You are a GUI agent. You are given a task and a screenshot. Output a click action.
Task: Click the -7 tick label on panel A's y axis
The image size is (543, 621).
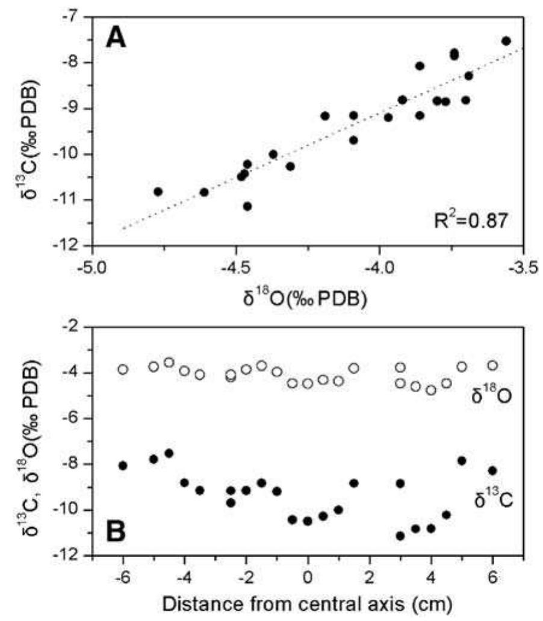[75, 16]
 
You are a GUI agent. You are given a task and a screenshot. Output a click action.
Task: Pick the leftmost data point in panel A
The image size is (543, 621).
[158, 191]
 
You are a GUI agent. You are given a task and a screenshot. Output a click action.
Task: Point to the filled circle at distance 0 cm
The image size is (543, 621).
[308, 521]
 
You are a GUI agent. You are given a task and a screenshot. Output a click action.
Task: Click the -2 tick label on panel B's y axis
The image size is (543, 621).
[75, 327]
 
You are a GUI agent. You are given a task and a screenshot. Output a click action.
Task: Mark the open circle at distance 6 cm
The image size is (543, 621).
[492, 365]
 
